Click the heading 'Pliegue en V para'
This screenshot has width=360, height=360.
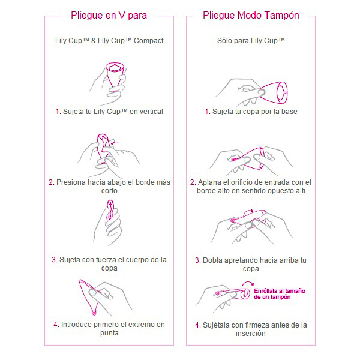click(109, 16)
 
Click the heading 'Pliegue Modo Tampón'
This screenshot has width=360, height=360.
click(251, 16)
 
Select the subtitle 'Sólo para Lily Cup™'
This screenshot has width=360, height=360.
click(251, 41)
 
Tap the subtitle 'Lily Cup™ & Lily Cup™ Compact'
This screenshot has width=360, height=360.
click(109, 41)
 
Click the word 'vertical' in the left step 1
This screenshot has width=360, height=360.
click(148, 112)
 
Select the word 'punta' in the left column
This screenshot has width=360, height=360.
click(109, 334)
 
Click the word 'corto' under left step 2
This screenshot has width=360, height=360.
click(109, 191)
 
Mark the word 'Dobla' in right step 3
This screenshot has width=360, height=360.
click(213, 260)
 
